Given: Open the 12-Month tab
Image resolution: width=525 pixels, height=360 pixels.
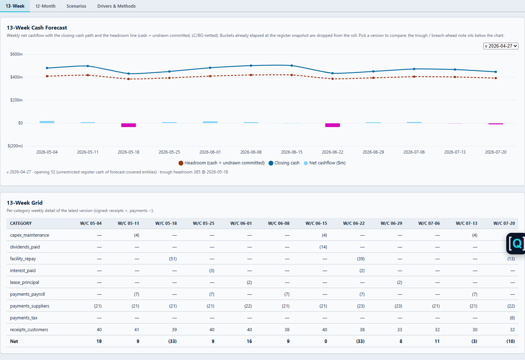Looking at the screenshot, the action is click(x=45, y=6).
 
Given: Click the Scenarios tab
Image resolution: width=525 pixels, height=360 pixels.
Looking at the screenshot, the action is click(x=76, y=6).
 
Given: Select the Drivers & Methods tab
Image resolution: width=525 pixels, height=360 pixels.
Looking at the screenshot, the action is click(x=116, y=6).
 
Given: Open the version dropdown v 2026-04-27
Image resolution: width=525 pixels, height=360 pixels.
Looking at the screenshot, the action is click(x=500, y=46).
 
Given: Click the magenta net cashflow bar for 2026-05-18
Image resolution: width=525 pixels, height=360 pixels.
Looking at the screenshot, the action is click(x=128, y=125).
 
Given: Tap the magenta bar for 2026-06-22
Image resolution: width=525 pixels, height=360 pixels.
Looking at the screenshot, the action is click(x=332, y=125).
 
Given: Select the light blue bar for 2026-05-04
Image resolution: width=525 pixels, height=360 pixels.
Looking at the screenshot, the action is click(x=47, y=122).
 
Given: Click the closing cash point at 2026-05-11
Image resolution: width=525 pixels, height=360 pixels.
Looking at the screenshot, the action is click(x=88, y=66).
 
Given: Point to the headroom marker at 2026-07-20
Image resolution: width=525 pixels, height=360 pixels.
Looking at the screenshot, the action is click(x=496, y=78).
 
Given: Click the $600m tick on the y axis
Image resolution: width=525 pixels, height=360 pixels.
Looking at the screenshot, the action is click(x=16, y=54).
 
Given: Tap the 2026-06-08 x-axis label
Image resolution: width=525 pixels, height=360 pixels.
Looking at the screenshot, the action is click(x=251, y=152).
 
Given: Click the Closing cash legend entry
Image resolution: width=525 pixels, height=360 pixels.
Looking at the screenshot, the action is click(x=284, y=163).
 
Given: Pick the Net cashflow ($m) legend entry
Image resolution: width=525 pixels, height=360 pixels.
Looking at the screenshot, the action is click(x=324, y=163).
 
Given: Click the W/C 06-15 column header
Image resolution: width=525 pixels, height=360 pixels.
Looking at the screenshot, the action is click(x=316, y=223).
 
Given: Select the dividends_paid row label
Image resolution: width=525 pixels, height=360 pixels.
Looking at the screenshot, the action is click(x=25, y=247).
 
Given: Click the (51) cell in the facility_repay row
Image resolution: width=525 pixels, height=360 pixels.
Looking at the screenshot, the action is click(x=173, y=259).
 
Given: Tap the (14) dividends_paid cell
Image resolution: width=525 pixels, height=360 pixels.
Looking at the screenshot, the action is click(x=323, y=247).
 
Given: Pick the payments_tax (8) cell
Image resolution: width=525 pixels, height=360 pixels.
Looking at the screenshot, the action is click(x=512, y=318).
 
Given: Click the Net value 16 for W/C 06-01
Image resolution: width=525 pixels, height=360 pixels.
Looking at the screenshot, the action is click(x=249, y=341).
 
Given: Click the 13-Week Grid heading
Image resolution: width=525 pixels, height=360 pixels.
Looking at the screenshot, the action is click(x=25, y=203).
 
